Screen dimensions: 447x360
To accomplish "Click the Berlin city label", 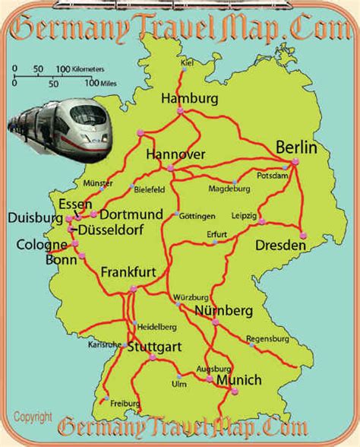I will [x=295, y=147].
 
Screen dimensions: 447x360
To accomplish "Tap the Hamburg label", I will [x=189, y=99].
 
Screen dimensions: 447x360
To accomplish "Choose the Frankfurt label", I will [x=131, y=272].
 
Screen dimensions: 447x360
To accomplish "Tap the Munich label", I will [x=238, y=380].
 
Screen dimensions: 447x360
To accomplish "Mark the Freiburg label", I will [x=125, y=403].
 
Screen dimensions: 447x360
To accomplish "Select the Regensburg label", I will [x=268, y=338].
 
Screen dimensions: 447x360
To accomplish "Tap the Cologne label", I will [x=36, y=245].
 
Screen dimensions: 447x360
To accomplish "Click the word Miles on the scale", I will [x=107, y=84].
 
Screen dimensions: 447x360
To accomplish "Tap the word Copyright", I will [x=33, y=417].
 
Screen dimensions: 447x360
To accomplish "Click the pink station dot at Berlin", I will [x=295, y=161].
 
